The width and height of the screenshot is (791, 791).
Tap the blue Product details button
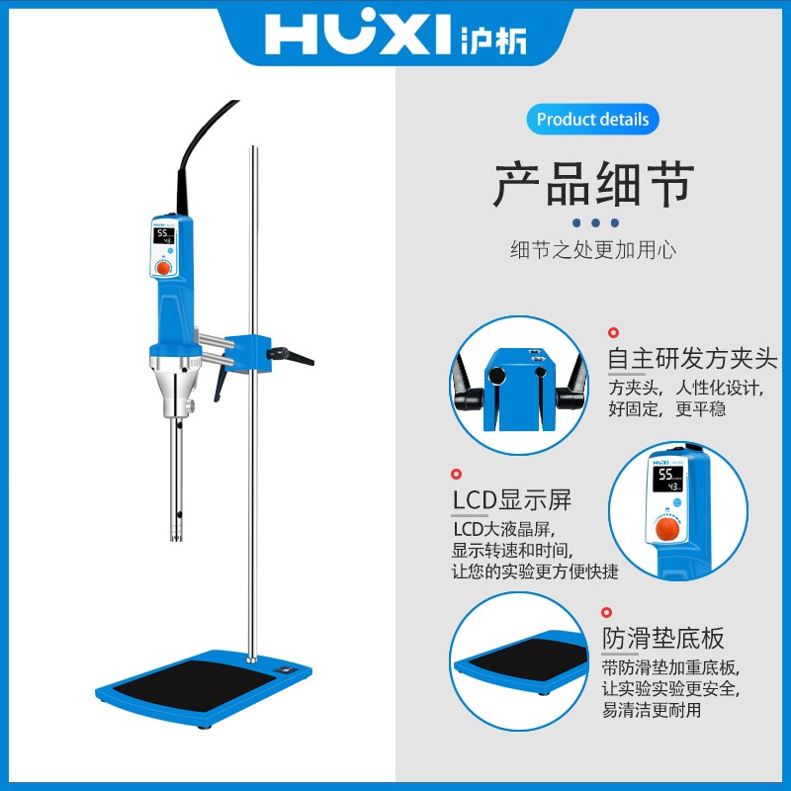(x=592, y=120)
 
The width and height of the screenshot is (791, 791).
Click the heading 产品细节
(x=593, y=185)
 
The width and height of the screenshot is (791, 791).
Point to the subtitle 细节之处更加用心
(x=592, y=249)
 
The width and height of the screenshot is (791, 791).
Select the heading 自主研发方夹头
(x=692, y=357)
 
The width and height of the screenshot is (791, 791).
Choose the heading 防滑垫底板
(x=663, y=637)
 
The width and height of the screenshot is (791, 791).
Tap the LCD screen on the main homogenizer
(x=164, y=237)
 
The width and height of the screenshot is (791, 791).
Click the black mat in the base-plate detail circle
(x=529, y=661)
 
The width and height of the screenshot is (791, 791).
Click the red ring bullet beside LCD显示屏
(x=457, y=476)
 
